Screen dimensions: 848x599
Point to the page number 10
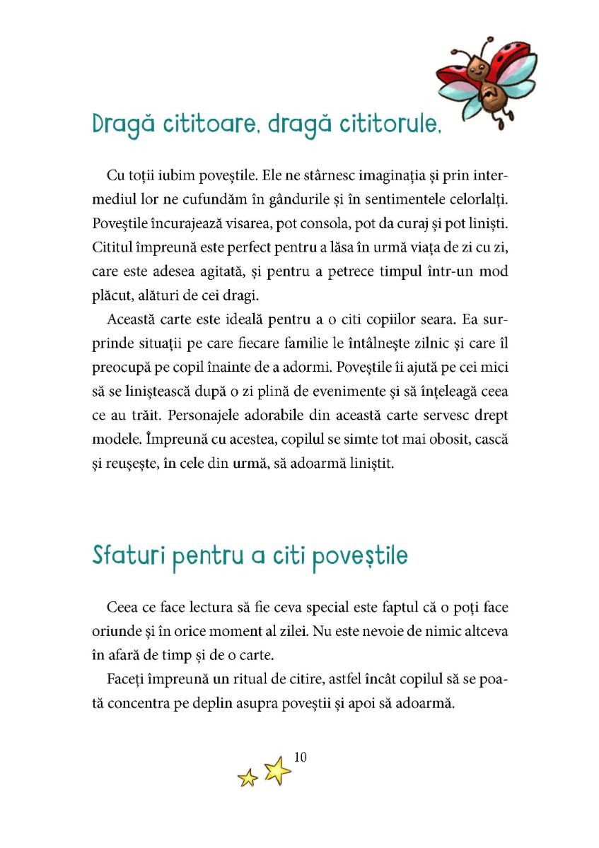299,758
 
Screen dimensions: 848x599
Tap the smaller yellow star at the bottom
248,778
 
